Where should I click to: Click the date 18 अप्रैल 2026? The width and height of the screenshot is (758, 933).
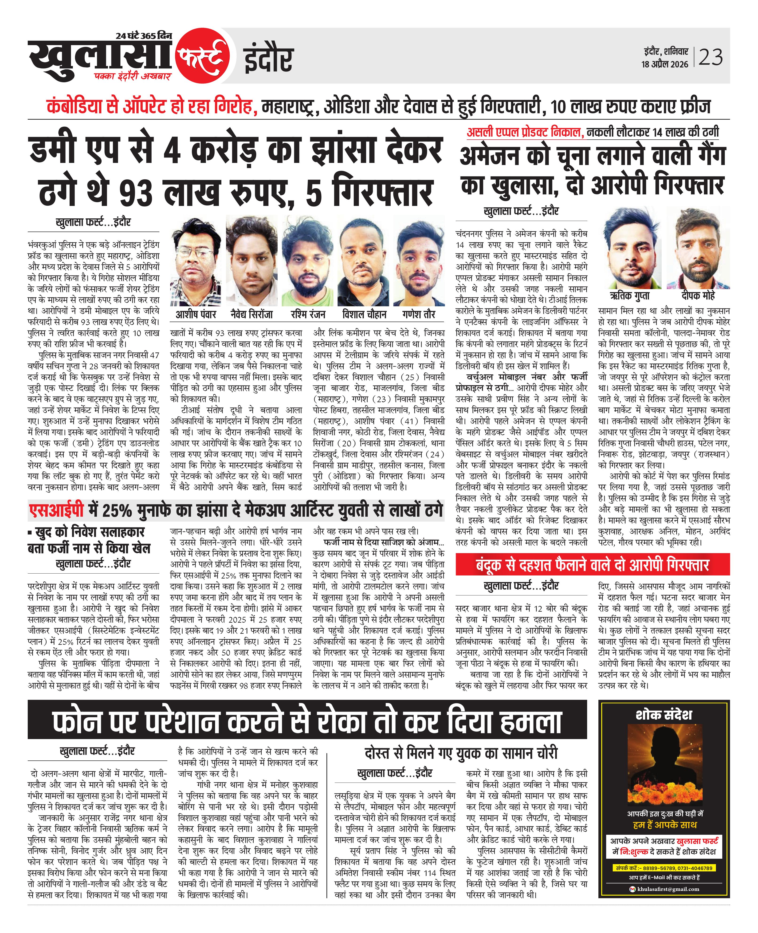tap(664, 64)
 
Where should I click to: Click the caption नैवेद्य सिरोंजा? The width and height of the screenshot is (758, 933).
tap(252, 314)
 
